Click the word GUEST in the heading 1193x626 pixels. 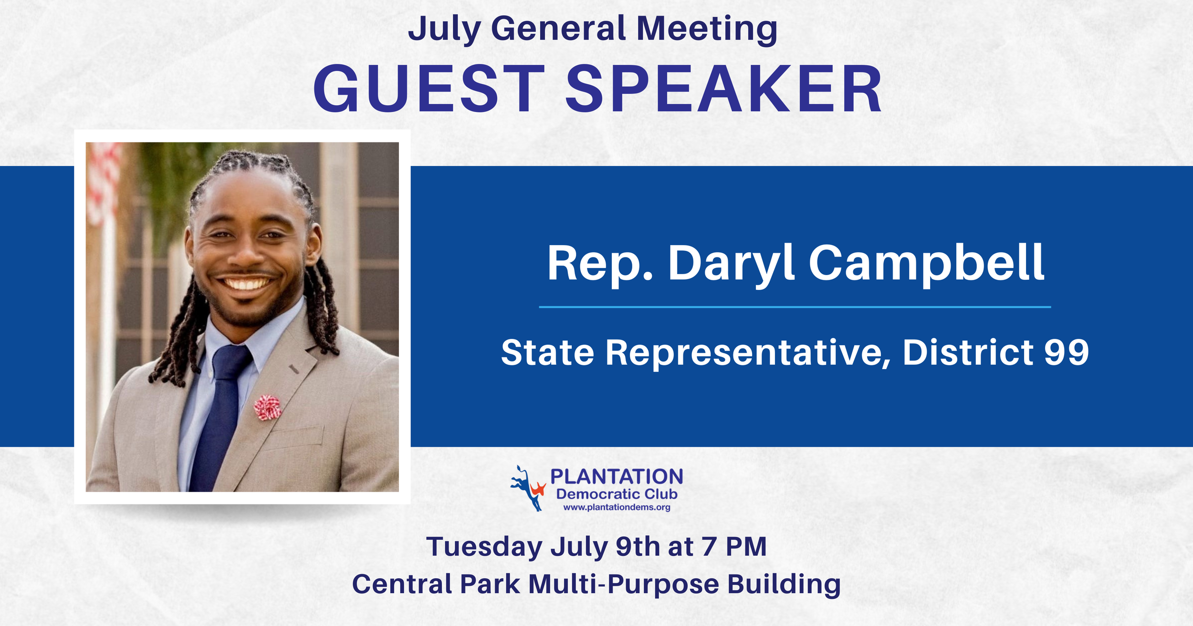[429, 89]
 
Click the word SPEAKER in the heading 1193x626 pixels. [723, 89]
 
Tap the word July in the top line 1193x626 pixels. [444, 30]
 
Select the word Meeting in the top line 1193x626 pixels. [707, 30]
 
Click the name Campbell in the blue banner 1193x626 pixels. [926, 263]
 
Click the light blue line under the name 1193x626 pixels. [795, 307]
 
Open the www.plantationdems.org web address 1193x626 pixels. [617, 508]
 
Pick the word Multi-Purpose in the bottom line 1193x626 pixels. [623, 585]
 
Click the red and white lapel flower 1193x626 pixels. [267, 408]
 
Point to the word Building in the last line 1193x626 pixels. [784, 585]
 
